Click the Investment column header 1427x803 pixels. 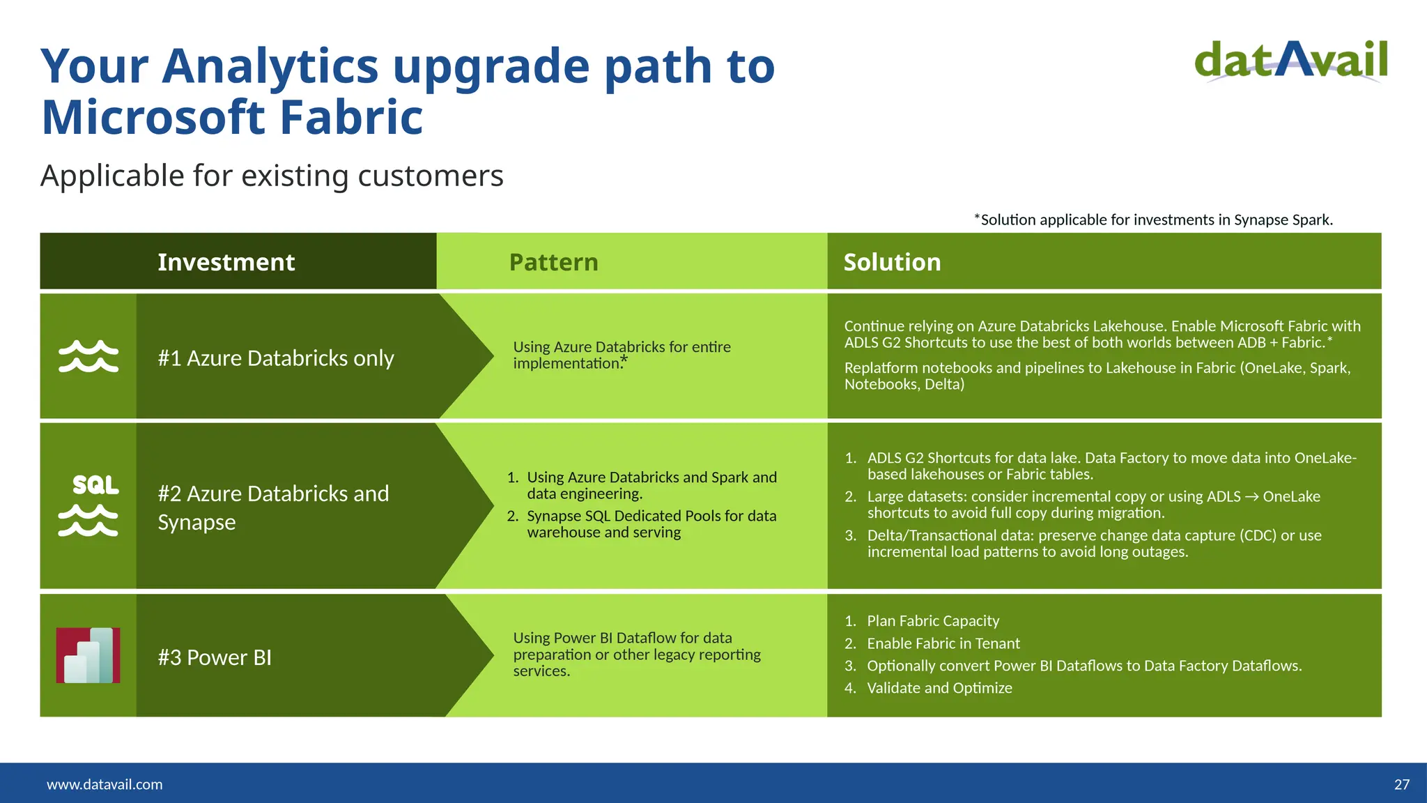[x=226, y=262]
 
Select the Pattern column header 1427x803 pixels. [x=553, y=262]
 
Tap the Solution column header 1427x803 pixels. [x=892, y=262]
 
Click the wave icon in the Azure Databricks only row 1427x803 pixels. [x=88, y=356]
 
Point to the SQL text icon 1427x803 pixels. [x=95, y=484]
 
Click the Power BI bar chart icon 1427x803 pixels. [x=88, y=655]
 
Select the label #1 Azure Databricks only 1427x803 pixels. [x=275, y=358]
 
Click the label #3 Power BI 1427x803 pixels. [x=215, y=657]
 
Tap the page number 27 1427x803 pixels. [x=1401, y=784]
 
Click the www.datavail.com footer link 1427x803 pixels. [x=105, y=784]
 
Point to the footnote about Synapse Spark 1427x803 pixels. [x=1153, y=220]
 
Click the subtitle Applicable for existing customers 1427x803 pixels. [x=272, y=176]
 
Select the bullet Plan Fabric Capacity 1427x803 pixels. [x=932, y=620]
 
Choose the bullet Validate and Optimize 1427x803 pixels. [x=939, y=688]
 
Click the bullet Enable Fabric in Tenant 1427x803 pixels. [x=943, y=643]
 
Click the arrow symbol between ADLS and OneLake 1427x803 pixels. [x=1251, y=497]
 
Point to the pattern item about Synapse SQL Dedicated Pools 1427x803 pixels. [x=651, y=523]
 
